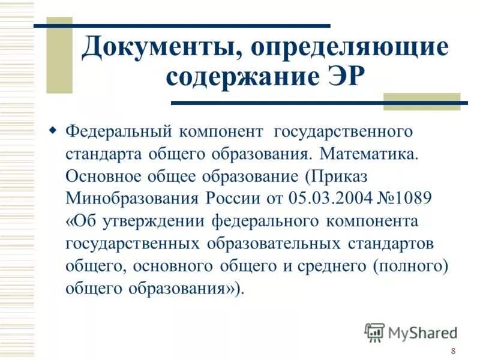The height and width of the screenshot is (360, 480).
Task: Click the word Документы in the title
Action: point(157,48)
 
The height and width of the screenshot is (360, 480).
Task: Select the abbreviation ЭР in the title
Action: point(344,78)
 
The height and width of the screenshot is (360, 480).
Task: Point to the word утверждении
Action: point(155,221)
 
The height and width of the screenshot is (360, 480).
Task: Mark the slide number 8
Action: point(453,351)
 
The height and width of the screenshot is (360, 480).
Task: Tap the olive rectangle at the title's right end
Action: point(421,101)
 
